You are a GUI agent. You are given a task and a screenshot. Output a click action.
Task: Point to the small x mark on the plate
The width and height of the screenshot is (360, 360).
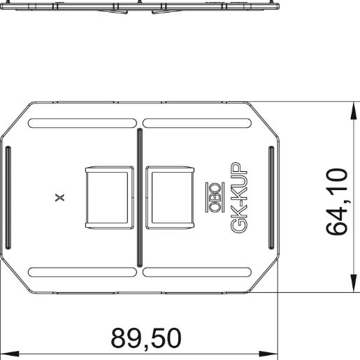pyautogui.click(x=60, y=197)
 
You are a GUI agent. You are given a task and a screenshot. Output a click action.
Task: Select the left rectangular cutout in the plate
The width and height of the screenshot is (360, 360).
pyautogui.click(x=108, y=198)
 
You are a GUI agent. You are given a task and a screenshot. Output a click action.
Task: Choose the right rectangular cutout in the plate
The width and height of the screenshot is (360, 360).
pyautogui.click(x=170, y=198)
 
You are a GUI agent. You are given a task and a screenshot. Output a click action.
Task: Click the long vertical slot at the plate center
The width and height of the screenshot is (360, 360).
pyautogui.click(x=140, y=198)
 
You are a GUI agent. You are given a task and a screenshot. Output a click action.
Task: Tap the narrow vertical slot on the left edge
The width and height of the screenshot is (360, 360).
pyautogui.click(x=8, y=197)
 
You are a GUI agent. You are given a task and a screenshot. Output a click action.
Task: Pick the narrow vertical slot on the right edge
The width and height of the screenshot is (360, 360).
pyautogui.click(x=271, y=197)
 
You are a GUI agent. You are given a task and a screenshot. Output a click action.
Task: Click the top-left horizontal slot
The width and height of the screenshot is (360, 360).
pyautogui.click(x=82, y=124)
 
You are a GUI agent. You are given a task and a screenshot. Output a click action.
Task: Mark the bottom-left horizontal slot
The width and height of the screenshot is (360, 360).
pyautogui.click(x=82, y=271)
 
